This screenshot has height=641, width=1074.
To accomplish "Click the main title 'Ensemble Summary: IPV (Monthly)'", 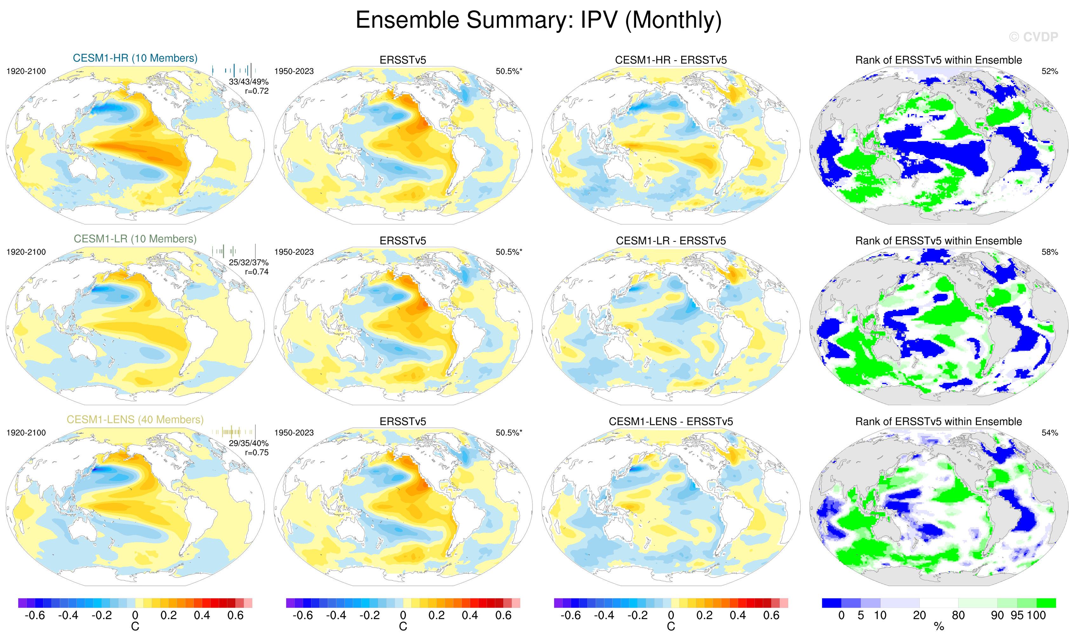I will tap(538, 20).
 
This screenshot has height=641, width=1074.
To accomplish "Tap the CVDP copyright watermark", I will tap(1033, 37).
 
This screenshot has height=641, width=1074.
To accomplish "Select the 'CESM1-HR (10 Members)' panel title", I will tap(135, 58).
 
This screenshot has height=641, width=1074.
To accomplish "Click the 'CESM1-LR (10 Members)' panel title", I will tap(135, 239).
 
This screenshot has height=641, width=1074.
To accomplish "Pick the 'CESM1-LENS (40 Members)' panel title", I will tap(135, 420).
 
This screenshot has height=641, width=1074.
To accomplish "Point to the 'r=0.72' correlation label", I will tap(257, 91).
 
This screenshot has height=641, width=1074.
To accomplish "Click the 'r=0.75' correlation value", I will tap(257, 453).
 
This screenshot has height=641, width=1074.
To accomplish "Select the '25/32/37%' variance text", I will tap(249, 263).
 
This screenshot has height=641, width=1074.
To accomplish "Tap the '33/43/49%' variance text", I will tap(249, 82).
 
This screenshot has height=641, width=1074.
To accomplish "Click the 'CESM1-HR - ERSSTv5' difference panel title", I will tap(671, 60).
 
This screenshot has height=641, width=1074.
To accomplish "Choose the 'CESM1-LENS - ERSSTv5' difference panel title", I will tap(671, 422).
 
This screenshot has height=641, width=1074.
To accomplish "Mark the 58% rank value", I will tap(1049, 252).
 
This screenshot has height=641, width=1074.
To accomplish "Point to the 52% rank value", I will tap(1049, 71).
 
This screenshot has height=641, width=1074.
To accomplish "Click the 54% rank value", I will tap(1049, 433).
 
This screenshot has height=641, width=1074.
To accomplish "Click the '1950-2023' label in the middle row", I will tap(294, 252).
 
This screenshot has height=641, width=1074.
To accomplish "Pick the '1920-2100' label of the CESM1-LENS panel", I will tap(26, 433).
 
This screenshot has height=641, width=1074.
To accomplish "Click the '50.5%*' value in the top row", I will tap(509, 71).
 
